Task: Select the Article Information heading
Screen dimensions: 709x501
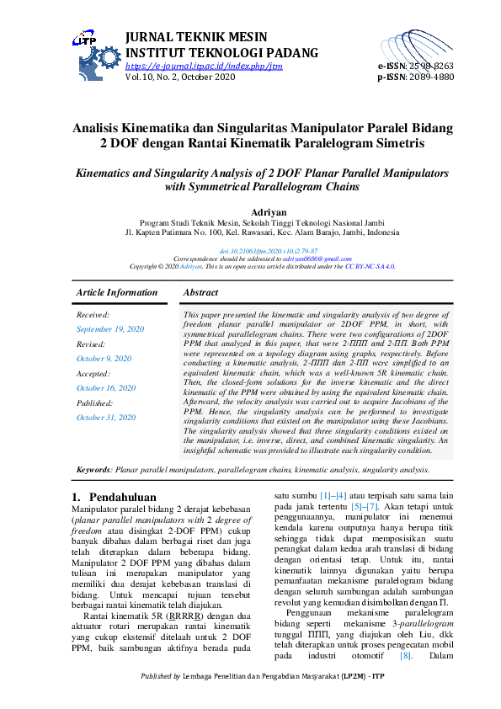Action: tap(117, 292)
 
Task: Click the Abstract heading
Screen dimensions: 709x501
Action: tap(200, 292)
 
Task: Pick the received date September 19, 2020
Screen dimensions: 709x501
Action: tap(110, 328)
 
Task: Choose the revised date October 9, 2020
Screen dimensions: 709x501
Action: tap(104, 358)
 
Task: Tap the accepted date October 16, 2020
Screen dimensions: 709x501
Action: tap(106, 387)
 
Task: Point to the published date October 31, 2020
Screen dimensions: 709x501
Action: tap(106, 417)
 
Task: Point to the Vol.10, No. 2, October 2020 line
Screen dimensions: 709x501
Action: tap(179, 76)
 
